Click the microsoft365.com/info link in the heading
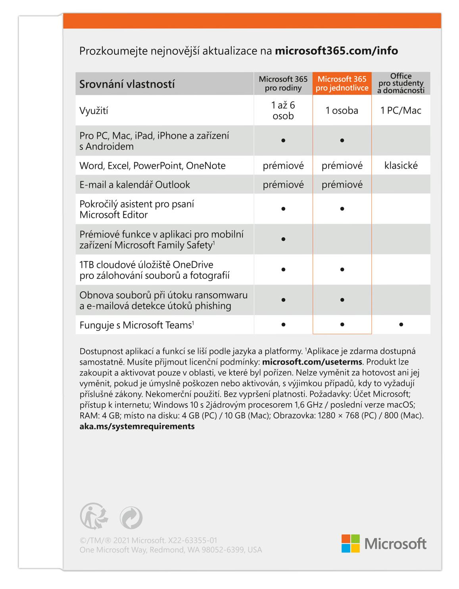[x=336, y=51]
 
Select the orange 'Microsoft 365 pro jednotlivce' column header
[x=342, y=83]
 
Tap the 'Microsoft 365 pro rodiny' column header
[x=283, y=83]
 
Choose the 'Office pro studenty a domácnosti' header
[x=401, y=83]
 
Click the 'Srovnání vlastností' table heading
[x=127, y=84]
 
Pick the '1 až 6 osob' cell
[x=283, y=110]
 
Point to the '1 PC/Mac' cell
[x=401, y=110]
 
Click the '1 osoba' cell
[x=342, y=110]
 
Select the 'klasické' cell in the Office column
[x=401, y=166]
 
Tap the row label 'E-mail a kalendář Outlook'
[x=134, y=185]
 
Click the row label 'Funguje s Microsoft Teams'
[x=136, y=325]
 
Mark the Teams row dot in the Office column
[x=401, y=325]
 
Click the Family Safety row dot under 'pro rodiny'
[x=283, y=239]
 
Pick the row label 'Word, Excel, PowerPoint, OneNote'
[x=152, y=166]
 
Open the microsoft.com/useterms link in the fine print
[x=312, y=362]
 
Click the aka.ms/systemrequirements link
[x=137, y=426]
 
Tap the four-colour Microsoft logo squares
[x=350, y=543]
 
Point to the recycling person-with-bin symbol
[x=94, y=516]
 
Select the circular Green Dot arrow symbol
[x=131, y=518]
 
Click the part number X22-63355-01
[x=192, y=540]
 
